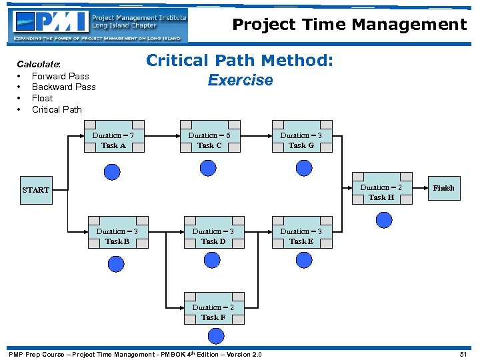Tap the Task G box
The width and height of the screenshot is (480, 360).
(x=301, y=140)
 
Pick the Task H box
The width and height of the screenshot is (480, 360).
(x=381, y=192)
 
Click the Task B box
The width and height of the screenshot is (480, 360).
(x=117, y=236)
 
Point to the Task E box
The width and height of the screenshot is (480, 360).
(x=301, y=236)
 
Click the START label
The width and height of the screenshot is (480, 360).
(x=35, y=190)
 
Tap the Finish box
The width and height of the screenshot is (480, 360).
(x=443, y=188)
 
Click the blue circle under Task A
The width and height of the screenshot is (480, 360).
(x=113, y=173)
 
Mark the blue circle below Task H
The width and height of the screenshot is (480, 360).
(x=383, y=219)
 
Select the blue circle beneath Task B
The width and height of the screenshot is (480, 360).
(x=113, y=267)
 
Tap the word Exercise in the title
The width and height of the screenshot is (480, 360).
(x=240, y=81)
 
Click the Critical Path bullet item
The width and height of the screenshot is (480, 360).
(x=57, y=109)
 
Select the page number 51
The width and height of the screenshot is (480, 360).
(x=463, y=355)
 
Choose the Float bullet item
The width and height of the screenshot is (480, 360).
(x=42, y=98)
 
